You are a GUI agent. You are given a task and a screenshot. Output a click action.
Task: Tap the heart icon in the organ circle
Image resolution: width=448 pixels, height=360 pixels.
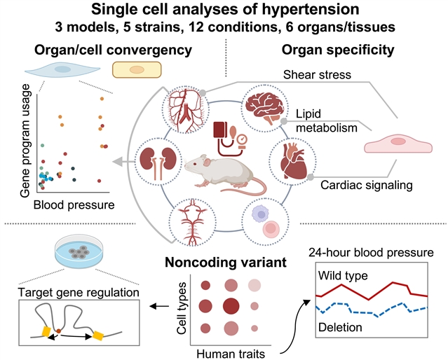[292, 161]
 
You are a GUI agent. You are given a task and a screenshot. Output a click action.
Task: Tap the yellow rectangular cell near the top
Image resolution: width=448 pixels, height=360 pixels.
[137, 69]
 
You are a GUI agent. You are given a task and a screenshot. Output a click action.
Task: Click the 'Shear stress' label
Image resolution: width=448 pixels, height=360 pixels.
[317, 75]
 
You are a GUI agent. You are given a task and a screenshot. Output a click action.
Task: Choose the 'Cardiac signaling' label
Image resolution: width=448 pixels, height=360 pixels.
[367, 185]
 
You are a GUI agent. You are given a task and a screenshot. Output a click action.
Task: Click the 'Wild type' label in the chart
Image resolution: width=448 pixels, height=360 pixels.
[343, 276]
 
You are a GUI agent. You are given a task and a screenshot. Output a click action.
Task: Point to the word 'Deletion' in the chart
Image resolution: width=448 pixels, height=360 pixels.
[340, 327]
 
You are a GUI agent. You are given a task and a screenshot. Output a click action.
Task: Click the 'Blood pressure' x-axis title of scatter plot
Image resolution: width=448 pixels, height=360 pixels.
[74, 205]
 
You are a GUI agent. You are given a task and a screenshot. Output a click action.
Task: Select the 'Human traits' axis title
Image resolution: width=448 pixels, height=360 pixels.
[231, 354]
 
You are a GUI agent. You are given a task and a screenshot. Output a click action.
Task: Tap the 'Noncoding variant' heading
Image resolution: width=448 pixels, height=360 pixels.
[226, 263]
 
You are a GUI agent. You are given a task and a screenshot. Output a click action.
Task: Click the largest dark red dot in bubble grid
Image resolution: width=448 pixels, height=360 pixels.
[231, 306]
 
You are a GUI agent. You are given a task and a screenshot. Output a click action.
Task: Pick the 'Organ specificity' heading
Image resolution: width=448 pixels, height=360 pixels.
[338, 50]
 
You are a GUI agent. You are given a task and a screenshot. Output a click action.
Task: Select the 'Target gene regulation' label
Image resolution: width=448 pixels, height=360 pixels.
[79, 292]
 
